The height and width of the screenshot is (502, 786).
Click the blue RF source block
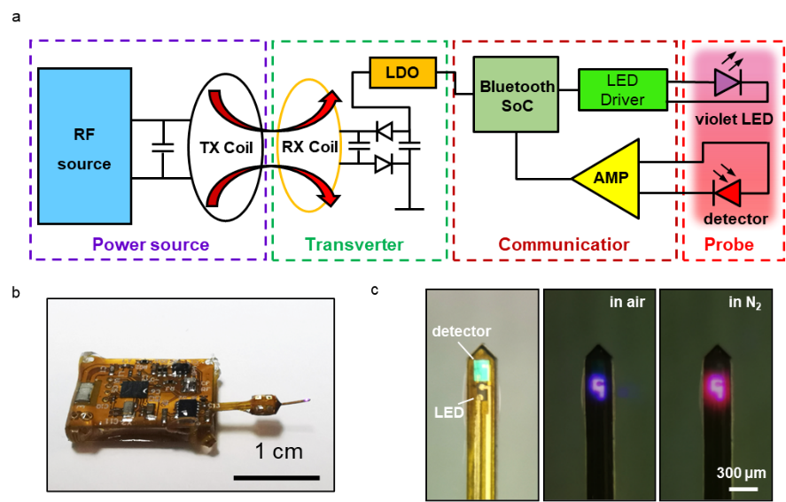(x=85, y=146)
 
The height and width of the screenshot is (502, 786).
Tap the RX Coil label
(x=310, y=147)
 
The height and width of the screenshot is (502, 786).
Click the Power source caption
(x=151, y=244)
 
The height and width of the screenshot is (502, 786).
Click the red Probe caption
(x=728, y=244)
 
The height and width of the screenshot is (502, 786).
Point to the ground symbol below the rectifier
(x=409, y=209)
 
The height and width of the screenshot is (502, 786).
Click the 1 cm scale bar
(x=278, y=477)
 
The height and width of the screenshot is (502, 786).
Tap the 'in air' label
(x=626, y=303)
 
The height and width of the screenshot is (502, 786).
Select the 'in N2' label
(x=745, y=303)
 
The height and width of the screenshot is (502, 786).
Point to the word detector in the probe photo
(x=463, y=331)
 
